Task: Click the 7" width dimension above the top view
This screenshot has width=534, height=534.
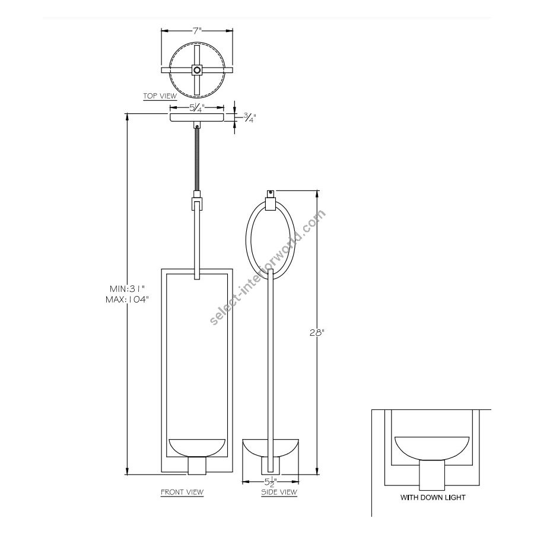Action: click(x=197, y=31)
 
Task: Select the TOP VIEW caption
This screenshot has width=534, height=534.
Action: click(x=160, y=96)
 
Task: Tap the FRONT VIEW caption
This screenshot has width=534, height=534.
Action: click(x=182, y=492)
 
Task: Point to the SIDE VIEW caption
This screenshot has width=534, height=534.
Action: click(x=279, y=492)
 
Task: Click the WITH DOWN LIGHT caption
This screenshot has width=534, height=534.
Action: click(x=433, y=497)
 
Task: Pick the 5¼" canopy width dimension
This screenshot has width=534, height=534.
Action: click(x=196, y=109)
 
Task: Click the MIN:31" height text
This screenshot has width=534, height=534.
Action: click(x=128, y=289)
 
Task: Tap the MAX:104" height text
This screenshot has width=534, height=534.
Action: click(x=128, y=300)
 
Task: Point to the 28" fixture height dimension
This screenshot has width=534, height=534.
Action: click(x=316, y=333)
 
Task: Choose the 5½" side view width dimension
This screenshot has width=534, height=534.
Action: click(x=271, y=482)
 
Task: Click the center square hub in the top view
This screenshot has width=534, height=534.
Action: click(x=197, y=70)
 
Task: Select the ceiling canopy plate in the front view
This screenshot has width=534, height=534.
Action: click(x=197, y=117)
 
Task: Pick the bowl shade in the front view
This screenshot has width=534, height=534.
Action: click(x=197, y=448)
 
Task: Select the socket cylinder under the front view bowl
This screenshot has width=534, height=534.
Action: click(x=197, y=466)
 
